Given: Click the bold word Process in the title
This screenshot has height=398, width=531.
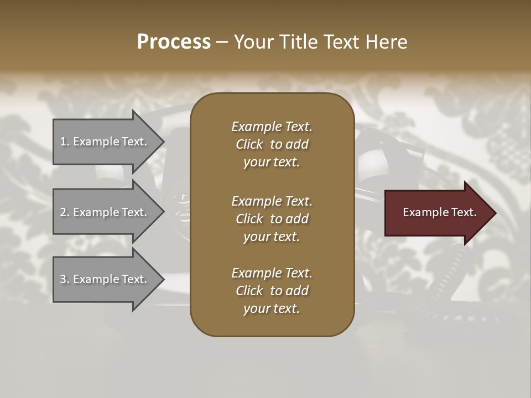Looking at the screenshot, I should click(174, 42).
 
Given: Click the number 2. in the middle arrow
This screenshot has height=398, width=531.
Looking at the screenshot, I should click(65, 212).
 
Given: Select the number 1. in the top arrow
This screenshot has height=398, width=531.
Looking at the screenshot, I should click(64, 142).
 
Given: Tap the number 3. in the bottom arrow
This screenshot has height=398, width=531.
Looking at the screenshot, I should click(65, 279).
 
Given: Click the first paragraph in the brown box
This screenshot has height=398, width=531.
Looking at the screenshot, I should click(272, 144).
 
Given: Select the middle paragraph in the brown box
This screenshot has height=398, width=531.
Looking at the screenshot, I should click(272, 219).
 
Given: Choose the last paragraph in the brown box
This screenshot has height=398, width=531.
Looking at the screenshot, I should click(272, 291).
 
